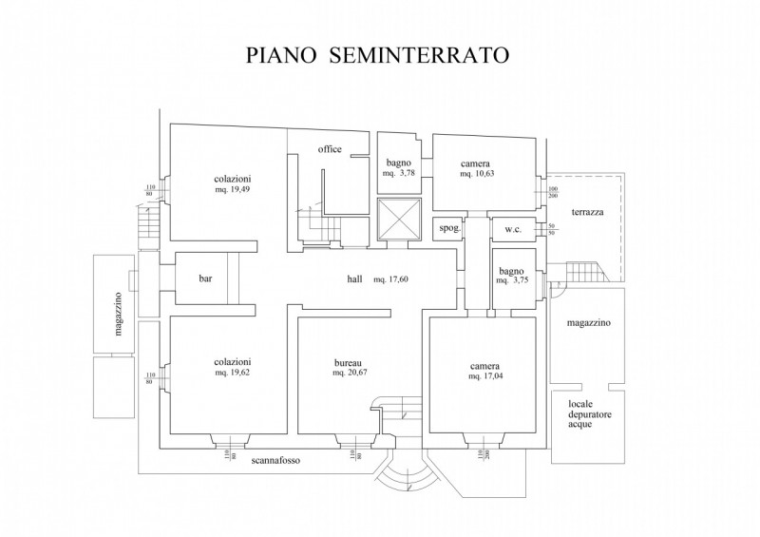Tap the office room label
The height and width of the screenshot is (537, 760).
point(330,149)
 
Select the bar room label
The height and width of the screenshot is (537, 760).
point(204,279)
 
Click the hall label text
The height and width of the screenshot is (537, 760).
point(354,279)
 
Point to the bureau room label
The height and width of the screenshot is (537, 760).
point(347,363)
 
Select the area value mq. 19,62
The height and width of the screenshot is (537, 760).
point(233,374)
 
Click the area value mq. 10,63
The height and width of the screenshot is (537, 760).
point(477,174)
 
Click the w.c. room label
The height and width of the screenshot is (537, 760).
point(513,229)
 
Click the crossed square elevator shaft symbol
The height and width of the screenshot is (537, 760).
point(396,221)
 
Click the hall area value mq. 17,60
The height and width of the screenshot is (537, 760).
point(390,279)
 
